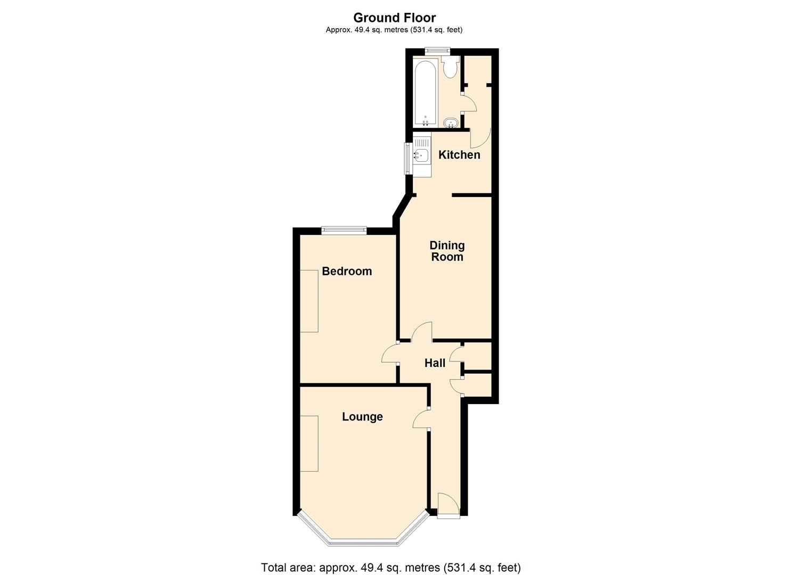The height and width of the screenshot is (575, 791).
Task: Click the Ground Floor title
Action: coord(395,18)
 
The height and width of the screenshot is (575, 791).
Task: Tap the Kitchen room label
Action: coord(459,154)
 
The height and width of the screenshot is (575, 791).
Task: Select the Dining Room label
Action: coord(447,251)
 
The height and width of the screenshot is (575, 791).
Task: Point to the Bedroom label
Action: coord(347,271)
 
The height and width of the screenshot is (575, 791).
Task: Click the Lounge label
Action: coord(362,416)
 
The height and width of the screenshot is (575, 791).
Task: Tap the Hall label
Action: coord(435,363)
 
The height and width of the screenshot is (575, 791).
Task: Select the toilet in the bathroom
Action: coord(452,68)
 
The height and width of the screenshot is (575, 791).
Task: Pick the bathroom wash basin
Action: coord(451,123)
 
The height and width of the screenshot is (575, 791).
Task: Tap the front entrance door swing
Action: coord(448,504)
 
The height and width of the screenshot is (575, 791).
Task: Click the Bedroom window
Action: coord(344,230)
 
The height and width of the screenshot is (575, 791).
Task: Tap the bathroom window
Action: coord(437,51)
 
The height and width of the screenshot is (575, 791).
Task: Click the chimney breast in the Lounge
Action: coord(309,443)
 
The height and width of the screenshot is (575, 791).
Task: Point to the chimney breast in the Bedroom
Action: coord(309,301)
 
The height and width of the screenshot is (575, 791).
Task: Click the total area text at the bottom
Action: coord(391,558)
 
